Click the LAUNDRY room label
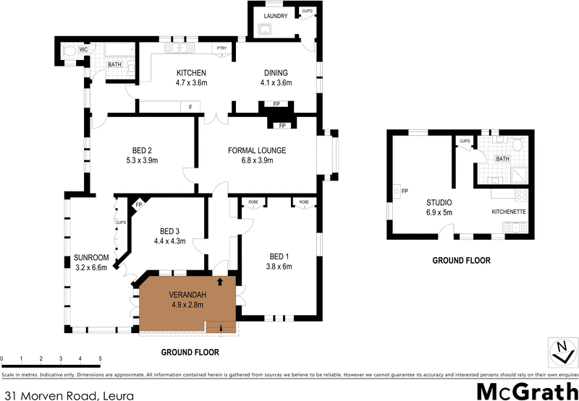(x=276, y=16)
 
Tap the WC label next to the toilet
(x=83, y=49)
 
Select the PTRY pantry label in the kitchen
(x=221, y=49)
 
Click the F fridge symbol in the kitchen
(x=190, y=107)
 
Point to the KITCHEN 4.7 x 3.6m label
(x=192, y=77)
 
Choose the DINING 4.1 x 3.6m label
(x=276, y=77)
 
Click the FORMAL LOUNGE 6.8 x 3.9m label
(x=257, y=155)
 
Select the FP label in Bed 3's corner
(x=138, y=205)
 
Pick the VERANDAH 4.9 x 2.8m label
(x=187, y=300)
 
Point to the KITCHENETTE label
(x=508, y=212)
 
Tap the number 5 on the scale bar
(x=100, y=358)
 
